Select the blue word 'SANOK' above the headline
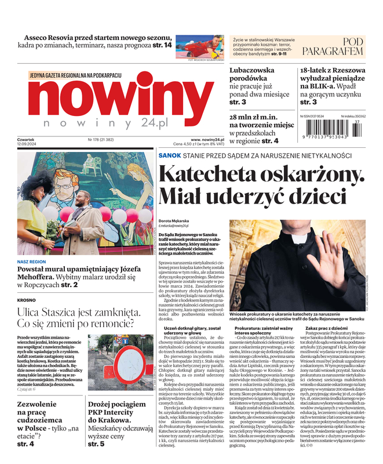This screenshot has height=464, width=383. point(171,156)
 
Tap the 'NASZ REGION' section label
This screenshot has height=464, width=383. point(32,262)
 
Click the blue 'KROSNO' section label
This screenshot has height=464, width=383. point(27,301)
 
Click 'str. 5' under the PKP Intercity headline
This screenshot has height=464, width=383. point(96,444)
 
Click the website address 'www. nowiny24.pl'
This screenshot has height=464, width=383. point(207,140)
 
